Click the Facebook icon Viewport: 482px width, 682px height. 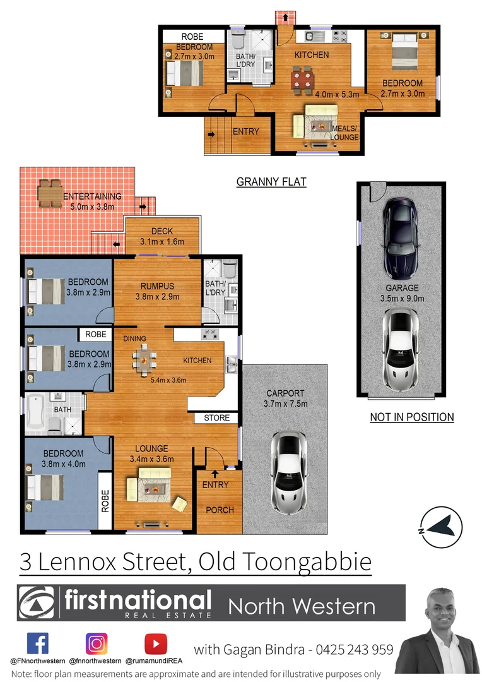pyautogui.click(x=38, y=643)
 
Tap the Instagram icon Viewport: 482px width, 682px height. pyautogui.click(x=97, y=643)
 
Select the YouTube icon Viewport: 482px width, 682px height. pyautogui.click(x=155, y=643)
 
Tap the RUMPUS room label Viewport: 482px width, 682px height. pyautogui.click(x=157, y=287)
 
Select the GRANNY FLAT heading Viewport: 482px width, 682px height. pyautogui.click(x=271, y=182)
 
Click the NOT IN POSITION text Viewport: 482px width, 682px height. pyautogui.click(x=412, y=417)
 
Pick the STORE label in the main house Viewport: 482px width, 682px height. pyautogui.click(x=216, y=418)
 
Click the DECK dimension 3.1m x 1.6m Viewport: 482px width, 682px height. pyautogui.click(x=162, y=242)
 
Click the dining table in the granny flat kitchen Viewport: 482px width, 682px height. pyautogui.click(x=302, y=80)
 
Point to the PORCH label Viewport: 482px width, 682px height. pyautogui.click(x=220, y=510)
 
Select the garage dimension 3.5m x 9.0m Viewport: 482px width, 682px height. pyautogui.click(x=403, y=299)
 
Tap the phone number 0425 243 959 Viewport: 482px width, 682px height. pyautogui.click(x=353, y=649)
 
